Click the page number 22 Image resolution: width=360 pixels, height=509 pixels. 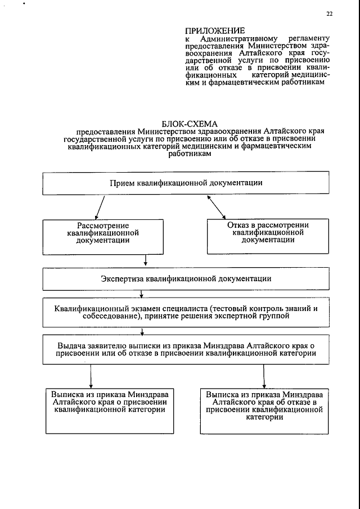[x=330, y=14]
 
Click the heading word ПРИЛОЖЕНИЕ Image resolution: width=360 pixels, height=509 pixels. [x=215, y=30]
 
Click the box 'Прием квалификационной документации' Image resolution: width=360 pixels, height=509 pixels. [x=186, y=183]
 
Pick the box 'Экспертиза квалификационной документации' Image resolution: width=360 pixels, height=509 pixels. [x=186, y=278]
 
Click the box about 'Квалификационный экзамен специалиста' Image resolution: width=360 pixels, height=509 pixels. [x=186, y=312]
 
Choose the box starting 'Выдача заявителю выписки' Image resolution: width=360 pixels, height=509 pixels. [x=186, y=349]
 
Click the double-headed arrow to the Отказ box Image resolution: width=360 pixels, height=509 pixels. [x=217, y=207]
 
